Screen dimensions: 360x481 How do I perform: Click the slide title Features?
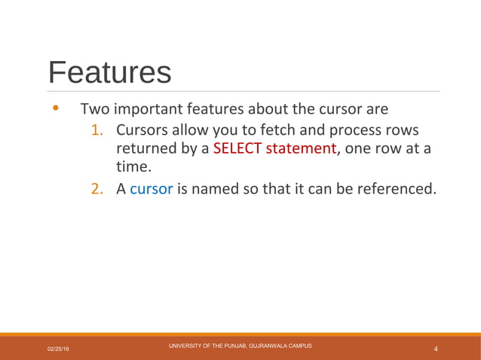pyautogui.click(x=109, y=72)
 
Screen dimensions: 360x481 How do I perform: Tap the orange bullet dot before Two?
pyautogui.click(x=54, y=108)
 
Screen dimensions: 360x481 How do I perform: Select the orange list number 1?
pyautogui.click(x=97, y=130)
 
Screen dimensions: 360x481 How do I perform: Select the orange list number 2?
pyautogui.click(x=97, y=188)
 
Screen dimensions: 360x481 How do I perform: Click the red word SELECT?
pyautogui.click(x=237, y=148)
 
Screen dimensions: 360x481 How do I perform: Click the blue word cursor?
pyautogui.click(x=152, y=188)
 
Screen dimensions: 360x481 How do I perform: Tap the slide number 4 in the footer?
pyautogui.click(x=437, y=349)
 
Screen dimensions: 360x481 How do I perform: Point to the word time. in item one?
pyautogui.click(x=133, y=167)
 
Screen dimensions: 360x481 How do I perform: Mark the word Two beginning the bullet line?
pyautogui.click(x=94, y=108)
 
